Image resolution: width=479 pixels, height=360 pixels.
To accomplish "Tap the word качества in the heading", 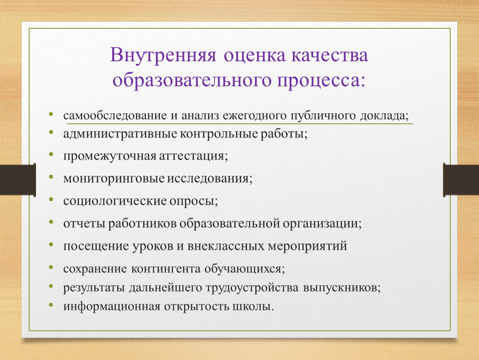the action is click(329, 55).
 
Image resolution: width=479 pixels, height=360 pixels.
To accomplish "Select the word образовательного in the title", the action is click(192, 80).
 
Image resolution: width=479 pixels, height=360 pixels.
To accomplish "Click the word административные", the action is click(120, 134).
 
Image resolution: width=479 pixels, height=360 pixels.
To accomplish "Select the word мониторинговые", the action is click(114, 179).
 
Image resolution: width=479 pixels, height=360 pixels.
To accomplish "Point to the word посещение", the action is click(96, 246).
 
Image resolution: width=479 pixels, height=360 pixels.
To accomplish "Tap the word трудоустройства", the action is click(252, 288).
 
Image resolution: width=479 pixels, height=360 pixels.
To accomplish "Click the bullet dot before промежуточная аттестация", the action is click(51, 154).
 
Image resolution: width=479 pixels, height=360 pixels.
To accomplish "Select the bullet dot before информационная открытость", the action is click(51, 305).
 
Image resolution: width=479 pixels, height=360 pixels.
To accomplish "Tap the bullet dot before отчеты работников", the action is click(51, 222).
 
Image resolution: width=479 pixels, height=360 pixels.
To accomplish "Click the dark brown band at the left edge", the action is click(18, 180).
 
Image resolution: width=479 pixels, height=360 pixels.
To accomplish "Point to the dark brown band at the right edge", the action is click(461, 180).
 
